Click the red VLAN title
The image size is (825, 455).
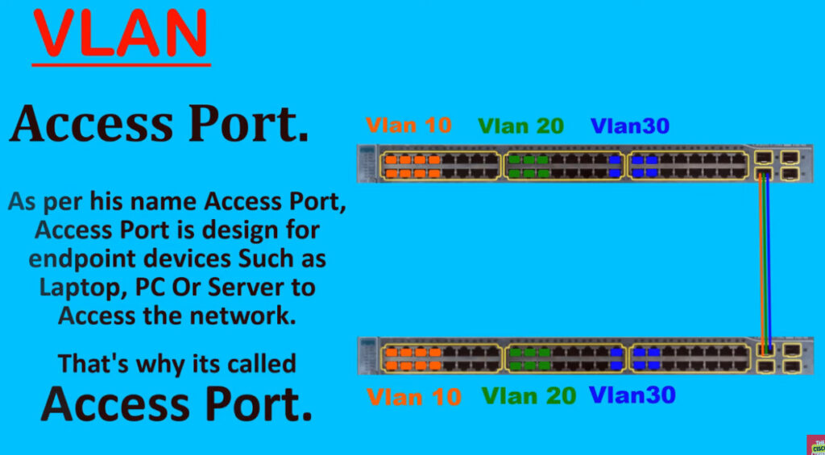pyautogui.click(x=121, y=32)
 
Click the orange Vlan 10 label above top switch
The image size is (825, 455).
pyautogui.click(x=408, y=125)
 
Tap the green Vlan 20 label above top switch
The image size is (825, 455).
pyautogui.click(x=521, y=126)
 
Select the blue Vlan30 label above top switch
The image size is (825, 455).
pyautogui.click(x=630, y=126)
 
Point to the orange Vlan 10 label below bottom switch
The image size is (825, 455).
pyautogui.click(x=413, y=396)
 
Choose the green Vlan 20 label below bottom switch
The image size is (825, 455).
pyautogui.click(x=529, y=395)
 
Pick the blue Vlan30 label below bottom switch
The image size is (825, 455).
pyautogui.click(x=632, y=395)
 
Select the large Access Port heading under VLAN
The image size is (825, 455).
pyautogui.click(x=159, y=124)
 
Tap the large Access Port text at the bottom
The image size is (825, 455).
pyautogui.click(x=176, y=403)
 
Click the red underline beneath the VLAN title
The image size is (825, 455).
pyautogui.click(x=121, y=64)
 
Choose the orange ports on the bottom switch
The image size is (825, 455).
pyautogui.click(x=412, y=358)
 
